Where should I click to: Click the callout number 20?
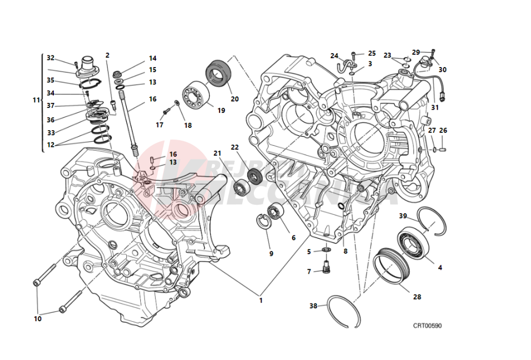pos(234,99)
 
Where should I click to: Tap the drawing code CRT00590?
pos(427,326)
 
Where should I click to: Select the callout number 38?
pos(314,305)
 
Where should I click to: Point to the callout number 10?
pos(38,319)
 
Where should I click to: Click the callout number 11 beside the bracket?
pos(37,100)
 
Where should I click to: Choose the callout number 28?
pos(416,296)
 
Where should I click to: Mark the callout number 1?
pos(260,301)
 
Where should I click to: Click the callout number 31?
pos(450,107)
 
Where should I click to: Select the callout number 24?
pos(334,56)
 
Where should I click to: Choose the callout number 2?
pos(107,55)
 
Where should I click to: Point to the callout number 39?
pos(402,216)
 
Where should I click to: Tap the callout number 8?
pos(345,251)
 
